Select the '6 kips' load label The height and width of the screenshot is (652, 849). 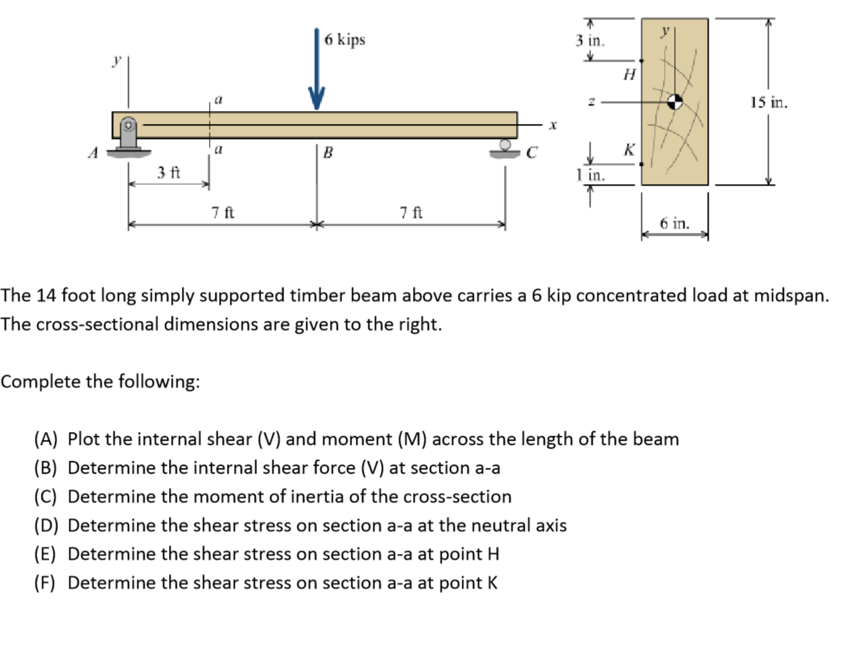[x=344, y=39]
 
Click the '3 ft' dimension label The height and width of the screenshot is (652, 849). [x=169, y=173]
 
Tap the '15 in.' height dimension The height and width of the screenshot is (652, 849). [x=769, y=102]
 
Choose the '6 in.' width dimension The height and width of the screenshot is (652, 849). [x=674, y=223]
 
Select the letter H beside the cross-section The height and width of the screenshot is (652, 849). [x=629, y=73]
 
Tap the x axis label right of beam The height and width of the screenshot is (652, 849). [x=553, y=125]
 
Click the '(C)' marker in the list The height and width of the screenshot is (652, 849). [x=47, y=497]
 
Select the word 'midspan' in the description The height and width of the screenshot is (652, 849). [x=791, y=295]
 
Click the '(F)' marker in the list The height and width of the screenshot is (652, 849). [x=46, y=583]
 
